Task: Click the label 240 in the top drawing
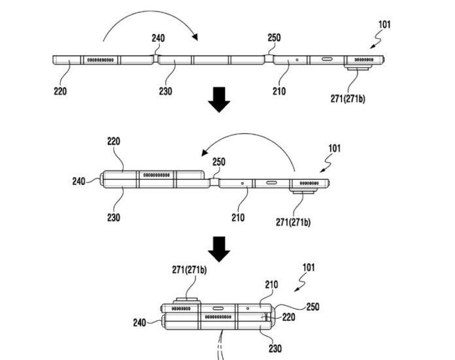pos(158,38)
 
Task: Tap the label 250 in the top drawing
pos(274,38)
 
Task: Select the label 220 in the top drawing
pos(60,91)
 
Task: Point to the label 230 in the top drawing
pos(165,91)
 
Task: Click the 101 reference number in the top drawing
pos(384,25)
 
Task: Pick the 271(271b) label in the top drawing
pos(348,99)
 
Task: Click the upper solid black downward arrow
pos(219,99)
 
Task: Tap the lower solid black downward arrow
pos(219,249)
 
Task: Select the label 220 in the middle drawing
pos(114,141)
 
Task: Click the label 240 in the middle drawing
pos(78,182)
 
